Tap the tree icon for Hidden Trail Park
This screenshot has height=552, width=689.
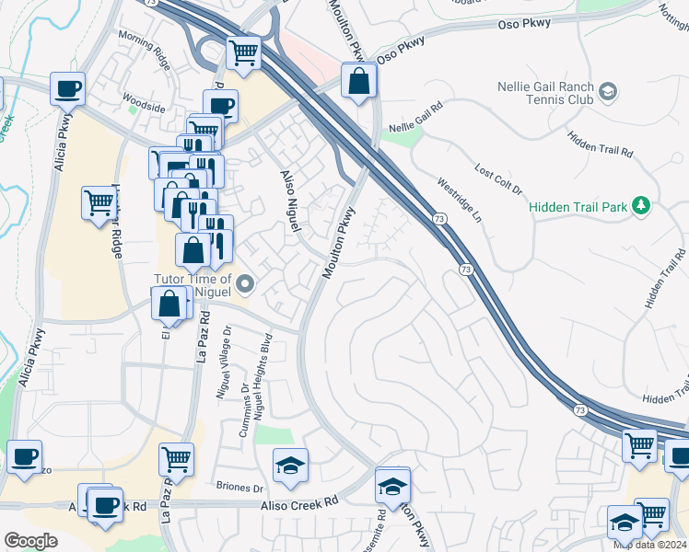[641, 206]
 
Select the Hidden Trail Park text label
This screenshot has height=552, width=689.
[578, 207]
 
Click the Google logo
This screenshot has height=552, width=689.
[30, 541]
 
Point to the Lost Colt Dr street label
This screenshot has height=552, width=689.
[498, 178]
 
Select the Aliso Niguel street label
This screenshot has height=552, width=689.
[290, 191]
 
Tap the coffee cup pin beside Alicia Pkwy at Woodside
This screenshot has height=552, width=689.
[68, 89]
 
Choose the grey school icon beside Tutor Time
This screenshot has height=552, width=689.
[244, 284]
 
